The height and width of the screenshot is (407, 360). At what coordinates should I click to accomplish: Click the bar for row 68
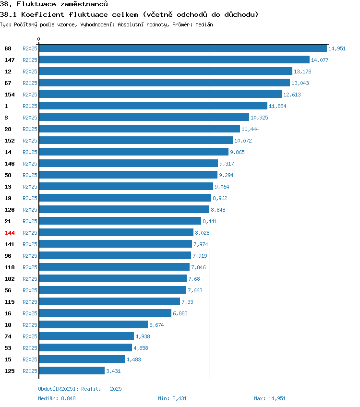tap(183, 48)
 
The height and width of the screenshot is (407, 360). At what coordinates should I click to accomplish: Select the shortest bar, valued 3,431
tap(72, 371)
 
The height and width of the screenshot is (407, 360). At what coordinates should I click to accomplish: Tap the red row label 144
tap(10, 233)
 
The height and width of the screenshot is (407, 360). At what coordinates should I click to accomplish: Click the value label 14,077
tap(320, 60)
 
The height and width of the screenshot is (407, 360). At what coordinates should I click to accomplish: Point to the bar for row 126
tap(124, 209)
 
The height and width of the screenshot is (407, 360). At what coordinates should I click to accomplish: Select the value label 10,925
tap(259, 118)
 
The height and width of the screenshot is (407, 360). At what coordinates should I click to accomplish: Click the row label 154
tap(10, 95)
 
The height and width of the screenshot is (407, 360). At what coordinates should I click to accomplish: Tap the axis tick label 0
tap(39, 39)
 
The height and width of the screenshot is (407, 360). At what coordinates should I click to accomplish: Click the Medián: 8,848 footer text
tap(57, 398)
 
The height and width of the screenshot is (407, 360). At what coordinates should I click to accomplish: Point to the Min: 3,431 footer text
tap(172, 398)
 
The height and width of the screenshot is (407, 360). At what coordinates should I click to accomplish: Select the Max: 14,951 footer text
tap(270, 398)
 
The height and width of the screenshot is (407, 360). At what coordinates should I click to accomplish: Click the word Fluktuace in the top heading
tap(36, 4)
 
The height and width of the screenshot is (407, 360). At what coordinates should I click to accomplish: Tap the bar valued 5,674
tap(94, 325)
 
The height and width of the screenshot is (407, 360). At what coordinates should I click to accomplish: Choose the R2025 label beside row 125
tap(30, 371)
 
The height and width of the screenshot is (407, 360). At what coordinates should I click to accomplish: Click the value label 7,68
tap(194, 279)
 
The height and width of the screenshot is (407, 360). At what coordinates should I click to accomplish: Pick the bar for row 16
tap(105, 313)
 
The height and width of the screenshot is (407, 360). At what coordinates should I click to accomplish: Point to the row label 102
tap(10, 279)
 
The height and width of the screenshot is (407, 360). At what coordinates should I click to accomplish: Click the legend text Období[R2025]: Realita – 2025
tap(80, 389)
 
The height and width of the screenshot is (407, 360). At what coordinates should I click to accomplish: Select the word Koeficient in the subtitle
tap(43, 14)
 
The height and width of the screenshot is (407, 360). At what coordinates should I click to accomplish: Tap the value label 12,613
tap(292, 95)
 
